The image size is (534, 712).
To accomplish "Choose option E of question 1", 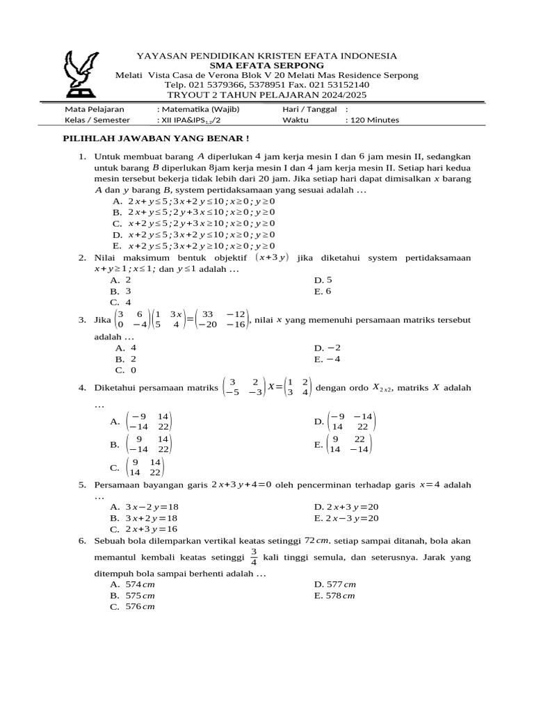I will pos(195,245).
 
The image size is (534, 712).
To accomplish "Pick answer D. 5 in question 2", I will pos(323,280).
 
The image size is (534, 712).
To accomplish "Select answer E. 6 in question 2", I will pos(323,291).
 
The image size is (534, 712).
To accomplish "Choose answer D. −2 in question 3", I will pos(328,348).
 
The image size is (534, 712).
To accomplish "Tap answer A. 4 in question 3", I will pos(126,348).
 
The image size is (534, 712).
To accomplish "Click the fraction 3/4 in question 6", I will pos(254,557).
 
